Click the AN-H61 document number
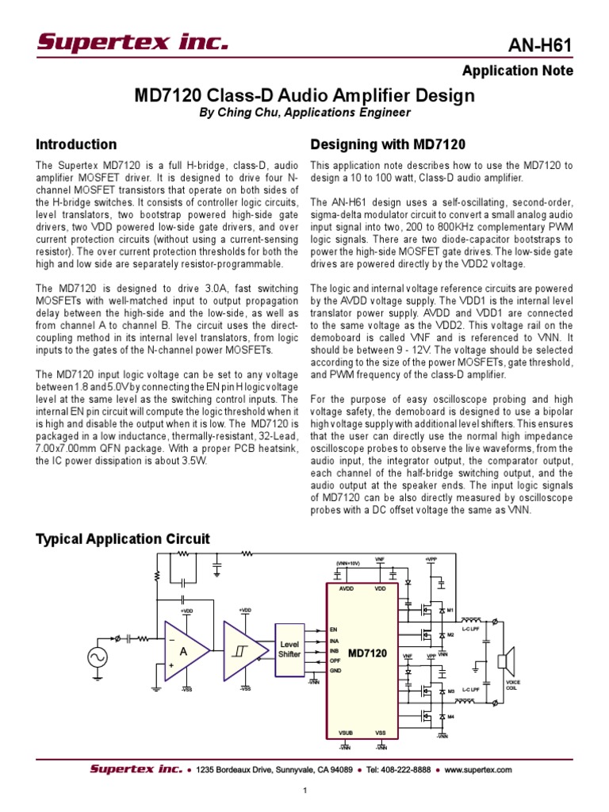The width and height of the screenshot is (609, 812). pos(542,45)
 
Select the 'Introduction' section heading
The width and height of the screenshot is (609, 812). pos(77,144)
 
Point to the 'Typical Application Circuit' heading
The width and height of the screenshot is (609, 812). pos(123,539)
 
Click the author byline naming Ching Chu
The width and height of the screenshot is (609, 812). pos(304,113)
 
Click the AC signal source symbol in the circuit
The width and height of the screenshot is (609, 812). pos(100,657)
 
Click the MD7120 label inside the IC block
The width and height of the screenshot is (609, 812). pos(366,653)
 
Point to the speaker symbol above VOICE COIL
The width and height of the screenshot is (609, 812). pos(506,661)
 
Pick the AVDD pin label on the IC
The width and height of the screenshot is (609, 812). pos(347,589)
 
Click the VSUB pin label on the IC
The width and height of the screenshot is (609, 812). pos(346,733)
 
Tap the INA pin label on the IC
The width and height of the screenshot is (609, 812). pos(335,640)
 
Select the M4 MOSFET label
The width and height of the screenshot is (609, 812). pos(450,717)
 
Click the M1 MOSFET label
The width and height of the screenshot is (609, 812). pos(450,610)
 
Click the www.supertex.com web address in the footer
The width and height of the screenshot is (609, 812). pos(478,769)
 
